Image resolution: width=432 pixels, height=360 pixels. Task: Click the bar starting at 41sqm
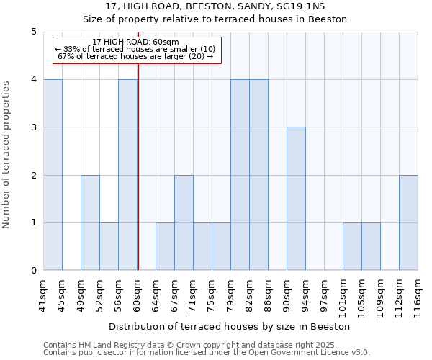(x=53, y=175)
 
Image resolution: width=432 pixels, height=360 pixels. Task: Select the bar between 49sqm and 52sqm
(x=90, y=222)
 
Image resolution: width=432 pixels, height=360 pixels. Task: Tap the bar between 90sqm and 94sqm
(x=296, y=199)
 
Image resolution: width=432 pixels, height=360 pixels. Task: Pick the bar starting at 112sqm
(x=408, y=222)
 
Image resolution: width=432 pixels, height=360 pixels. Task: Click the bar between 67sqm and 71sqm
(x=184, y=222)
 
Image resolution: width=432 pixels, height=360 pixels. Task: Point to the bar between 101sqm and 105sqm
(x=352, y=246)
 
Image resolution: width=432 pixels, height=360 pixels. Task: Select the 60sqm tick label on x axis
(x=138, y=294)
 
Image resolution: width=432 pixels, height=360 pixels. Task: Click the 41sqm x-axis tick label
(x=44, y=294)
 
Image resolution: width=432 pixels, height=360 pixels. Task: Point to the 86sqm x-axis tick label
(x=269, y=294)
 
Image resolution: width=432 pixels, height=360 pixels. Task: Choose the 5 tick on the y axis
(x=34, y=32)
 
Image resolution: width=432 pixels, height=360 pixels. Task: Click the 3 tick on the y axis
(x=34, y=127)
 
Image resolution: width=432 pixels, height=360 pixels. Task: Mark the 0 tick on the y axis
(x=34, y=271)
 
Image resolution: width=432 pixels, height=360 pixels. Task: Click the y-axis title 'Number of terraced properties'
(x=7, y=155)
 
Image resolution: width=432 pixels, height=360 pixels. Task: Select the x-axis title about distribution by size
(x=230, y=326)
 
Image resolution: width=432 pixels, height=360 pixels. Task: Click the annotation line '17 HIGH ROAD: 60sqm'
(x=135, y=42)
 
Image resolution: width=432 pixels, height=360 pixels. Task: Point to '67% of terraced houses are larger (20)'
(x=135, y=56)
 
